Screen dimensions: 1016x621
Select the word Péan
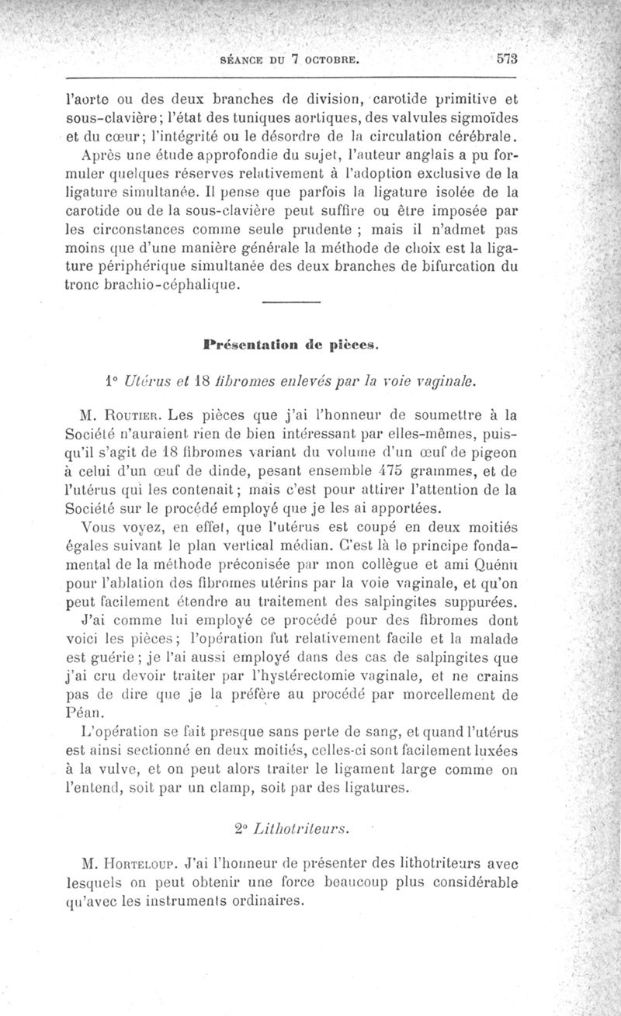tap(83, 713)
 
